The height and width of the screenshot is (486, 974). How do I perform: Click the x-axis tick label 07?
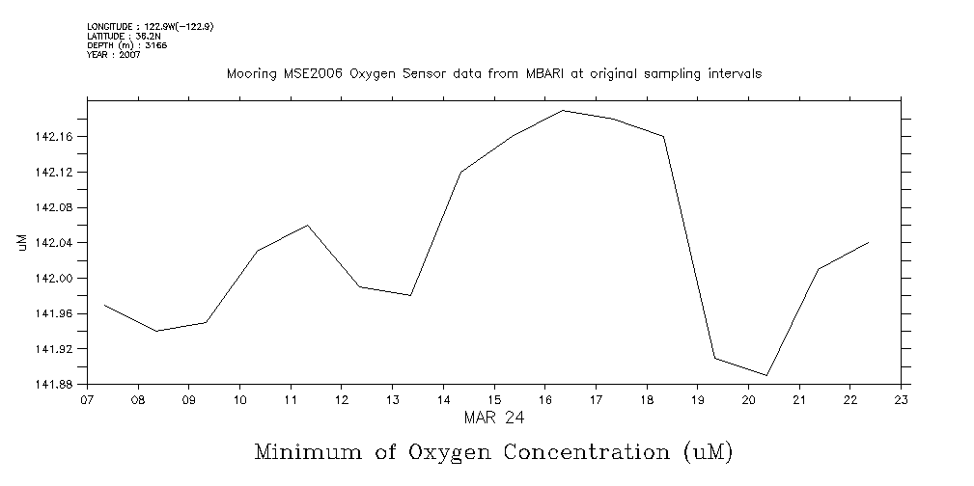click(87, 400)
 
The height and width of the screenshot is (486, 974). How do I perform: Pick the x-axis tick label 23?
click(901, 400)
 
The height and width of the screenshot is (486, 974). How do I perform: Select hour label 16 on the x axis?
click(544, 400)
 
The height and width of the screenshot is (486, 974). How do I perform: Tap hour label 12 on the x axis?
click(341, 400)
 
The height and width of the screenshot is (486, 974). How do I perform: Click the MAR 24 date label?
click(493, 418)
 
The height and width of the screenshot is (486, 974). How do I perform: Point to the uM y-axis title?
click(22, 243)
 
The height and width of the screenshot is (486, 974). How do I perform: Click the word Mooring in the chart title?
click(247, 73)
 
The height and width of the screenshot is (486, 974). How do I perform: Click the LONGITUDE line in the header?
click(150, 26)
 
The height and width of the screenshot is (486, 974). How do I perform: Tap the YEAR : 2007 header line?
click(114, 55)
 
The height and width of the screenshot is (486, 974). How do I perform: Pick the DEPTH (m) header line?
click(126, 45)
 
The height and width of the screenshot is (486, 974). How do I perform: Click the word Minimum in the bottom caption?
click(307, 451)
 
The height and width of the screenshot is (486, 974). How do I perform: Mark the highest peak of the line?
click(563, 111)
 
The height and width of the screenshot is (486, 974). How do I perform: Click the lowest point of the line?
click(766, 375)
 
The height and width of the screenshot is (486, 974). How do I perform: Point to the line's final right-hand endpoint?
click(869, 243)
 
